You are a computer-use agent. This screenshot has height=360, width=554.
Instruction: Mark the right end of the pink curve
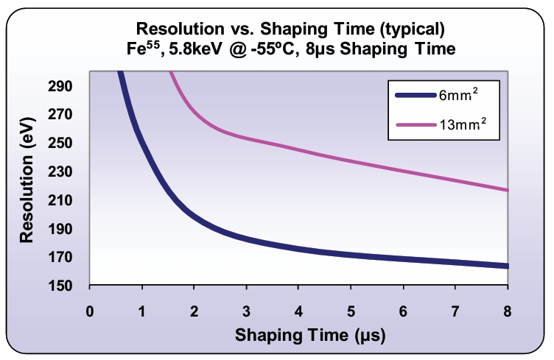[x=507, y=190]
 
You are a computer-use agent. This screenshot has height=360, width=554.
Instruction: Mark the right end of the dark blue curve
[x=507, y=266]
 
